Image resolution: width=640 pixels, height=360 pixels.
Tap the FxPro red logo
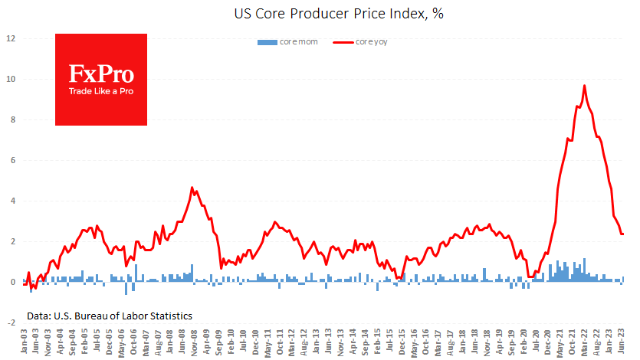(100, 79)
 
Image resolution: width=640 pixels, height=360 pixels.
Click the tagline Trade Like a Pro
(101, 92)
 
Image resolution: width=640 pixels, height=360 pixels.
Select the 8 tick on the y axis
(11, 119)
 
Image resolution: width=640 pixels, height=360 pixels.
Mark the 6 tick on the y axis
(11, 160)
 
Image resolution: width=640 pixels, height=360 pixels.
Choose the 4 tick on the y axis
(11, 201)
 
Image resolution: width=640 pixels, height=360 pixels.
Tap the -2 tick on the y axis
(10, 322)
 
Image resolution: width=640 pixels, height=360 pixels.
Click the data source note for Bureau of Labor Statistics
(109, 316)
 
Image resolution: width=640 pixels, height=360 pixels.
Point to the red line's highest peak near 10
(585, 86)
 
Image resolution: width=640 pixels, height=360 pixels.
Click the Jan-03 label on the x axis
(25, 341)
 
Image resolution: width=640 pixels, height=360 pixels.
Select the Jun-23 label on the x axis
(622, 341)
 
